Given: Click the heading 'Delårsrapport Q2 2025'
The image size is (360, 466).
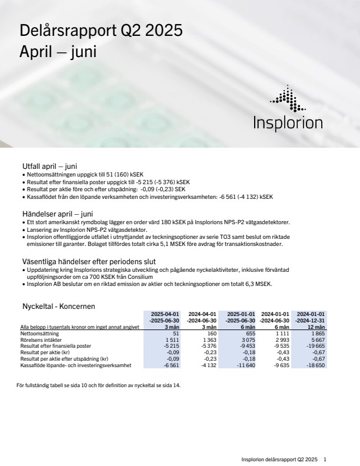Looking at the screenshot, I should (x=101, y=30).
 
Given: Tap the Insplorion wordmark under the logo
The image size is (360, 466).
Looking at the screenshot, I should (x=288, y=124).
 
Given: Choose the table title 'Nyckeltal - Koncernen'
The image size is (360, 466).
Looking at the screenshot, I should (x=58, y=307).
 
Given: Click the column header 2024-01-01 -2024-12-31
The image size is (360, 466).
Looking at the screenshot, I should (x=311, y=317).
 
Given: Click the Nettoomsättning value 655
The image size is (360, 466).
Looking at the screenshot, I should (x=249, y=333).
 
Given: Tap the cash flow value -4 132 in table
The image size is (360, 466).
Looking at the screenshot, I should (x=209, y=365).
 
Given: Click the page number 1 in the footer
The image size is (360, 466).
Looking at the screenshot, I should (x=325, y=459).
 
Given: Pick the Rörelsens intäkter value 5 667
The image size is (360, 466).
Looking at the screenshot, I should (x=317, y=339).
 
